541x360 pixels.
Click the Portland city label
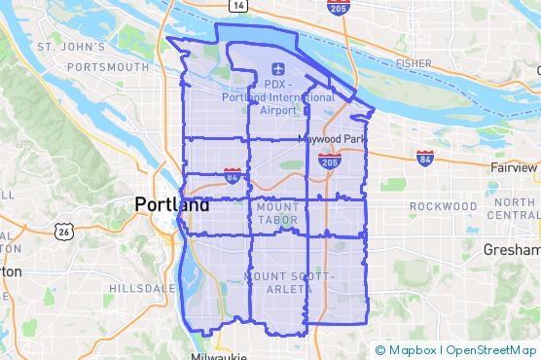coord(171,205)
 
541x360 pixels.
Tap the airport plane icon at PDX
coord(278,69)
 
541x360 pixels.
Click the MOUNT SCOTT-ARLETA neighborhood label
coord(290,283)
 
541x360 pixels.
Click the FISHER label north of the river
coord(414,64)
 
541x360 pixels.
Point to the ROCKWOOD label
coord(443,207)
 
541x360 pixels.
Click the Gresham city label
coord(511,250)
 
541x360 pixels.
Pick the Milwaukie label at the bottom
coord(222,356)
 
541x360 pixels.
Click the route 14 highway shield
coord(240,6)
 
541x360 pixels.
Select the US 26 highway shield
coord(64,232)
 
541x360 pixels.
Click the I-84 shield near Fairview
coord(425,157)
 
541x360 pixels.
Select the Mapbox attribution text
coord(410,350)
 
